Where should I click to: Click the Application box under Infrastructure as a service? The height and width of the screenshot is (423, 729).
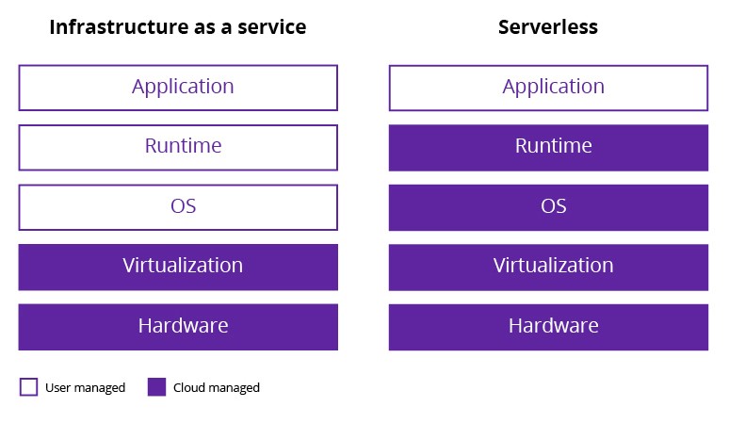click(x=178, y=88)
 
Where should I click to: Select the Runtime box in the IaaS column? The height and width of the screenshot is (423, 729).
click(x=178, y=147)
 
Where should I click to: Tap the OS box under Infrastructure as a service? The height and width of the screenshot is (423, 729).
click(x=178, y=207)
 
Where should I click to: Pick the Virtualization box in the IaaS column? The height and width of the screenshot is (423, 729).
click(x=178, y=267)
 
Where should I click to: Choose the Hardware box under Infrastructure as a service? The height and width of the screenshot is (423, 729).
click(x=178, y=327)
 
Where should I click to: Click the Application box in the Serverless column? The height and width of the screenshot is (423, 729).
click(x=548, y=88)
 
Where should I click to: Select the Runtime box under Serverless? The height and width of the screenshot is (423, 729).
click(x=548, y=147)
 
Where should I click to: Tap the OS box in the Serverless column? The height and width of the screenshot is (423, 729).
click(x=548, y=207)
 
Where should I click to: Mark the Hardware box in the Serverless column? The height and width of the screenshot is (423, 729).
click(x=548, y=327)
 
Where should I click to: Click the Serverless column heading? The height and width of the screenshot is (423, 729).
click(x=548, y=27)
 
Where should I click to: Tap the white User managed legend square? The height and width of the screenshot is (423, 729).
click(x=28, y=387)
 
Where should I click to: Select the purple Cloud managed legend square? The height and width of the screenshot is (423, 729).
click(x=156, y=387)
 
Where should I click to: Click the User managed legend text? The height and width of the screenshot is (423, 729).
click(x=85, y=388)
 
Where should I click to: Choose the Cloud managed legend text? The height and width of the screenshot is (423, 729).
click(x=217, y=388)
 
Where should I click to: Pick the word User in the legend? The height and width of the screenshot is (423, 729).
click(x=58, y=388)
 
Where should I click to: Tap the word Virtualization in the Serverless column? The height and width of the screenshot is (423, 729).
click(x=553, y=266)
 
